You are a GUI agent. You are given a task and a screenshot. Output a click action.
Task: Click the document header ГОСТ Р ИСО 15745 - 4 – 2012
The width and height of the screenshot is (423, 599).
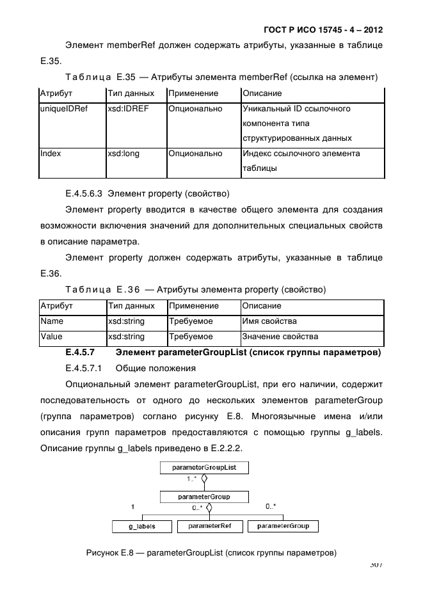[323, 30]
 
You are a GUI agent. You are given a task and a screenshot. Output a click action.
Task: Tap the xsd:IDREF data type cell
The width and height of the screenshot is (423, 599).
[128, 109]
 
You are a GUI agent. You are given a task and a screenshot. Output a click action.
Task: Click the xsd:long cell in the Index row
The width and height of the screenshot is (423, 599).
[123, 154]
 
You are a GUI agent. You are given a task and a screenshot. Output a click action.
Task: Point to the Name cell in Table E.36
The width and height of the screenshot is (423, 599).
[51, 321]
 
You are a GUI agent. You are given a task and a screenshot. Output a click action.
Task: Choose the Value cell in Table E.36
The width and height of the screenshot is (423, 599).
[51, 337]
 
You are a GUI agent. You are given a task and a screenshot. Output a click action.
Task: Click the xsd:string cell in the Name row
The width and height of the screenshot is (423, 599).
[126, 321]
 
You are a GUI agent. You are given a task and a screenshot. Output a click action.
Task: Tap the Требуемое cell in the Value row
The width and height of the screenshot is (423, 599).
[191, 337]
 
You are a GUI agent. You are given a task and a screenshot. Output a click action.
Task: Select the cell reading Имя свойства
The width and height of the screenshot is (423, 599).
[269, 321]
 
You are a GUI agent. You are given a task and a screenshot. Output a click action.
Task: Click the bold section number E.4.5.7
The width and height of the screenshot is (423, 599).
[80, 352]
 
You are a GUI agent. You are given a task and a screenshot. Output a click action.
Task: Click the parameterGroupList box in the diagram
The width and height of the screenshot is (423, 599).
[204, 467]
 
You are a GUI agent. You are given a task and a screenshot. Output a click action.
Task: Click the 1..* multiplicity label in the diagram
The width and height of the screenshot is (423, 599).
[191, 479]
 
